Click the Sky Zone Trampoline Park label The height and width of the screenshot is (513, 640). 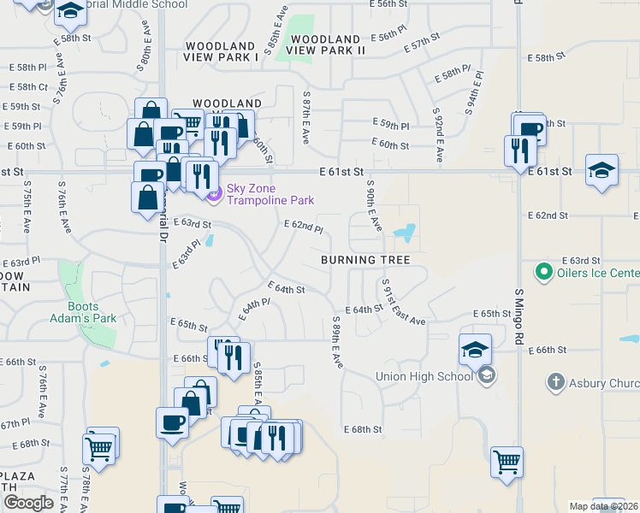point(270,194)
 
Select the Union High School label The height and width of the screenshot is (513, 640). point(424,376)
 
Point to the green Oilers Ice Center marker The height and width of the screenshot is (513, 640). point(542,273)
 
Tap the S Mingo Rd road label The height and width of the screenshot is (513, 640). point(519,315)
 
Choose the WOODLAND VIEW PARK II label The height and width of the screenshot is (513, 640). point(329,45)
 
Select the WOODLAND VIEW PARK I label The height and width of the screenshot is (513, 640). point(221,51)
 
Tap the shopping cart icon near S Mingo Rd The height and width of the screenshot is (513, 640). point(507,463)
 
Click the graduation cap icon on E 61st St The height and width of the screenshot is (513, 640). point(601,169)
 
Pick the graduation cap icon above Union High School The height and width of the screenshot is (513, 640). point(475,349)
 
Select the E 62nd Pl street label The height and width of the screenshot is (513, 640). point(304,227)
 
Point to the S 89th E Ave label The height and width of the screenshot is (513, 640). point(337,342)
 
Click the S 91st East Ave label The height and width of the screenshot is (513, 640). point(403,302)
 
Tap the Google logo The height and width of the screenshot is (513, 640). point(28,503)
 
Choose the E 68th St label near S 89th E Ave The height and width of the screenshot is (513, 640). point(363,429)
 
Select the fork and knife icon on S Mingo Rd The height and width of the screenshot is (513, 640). point(520,151)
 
